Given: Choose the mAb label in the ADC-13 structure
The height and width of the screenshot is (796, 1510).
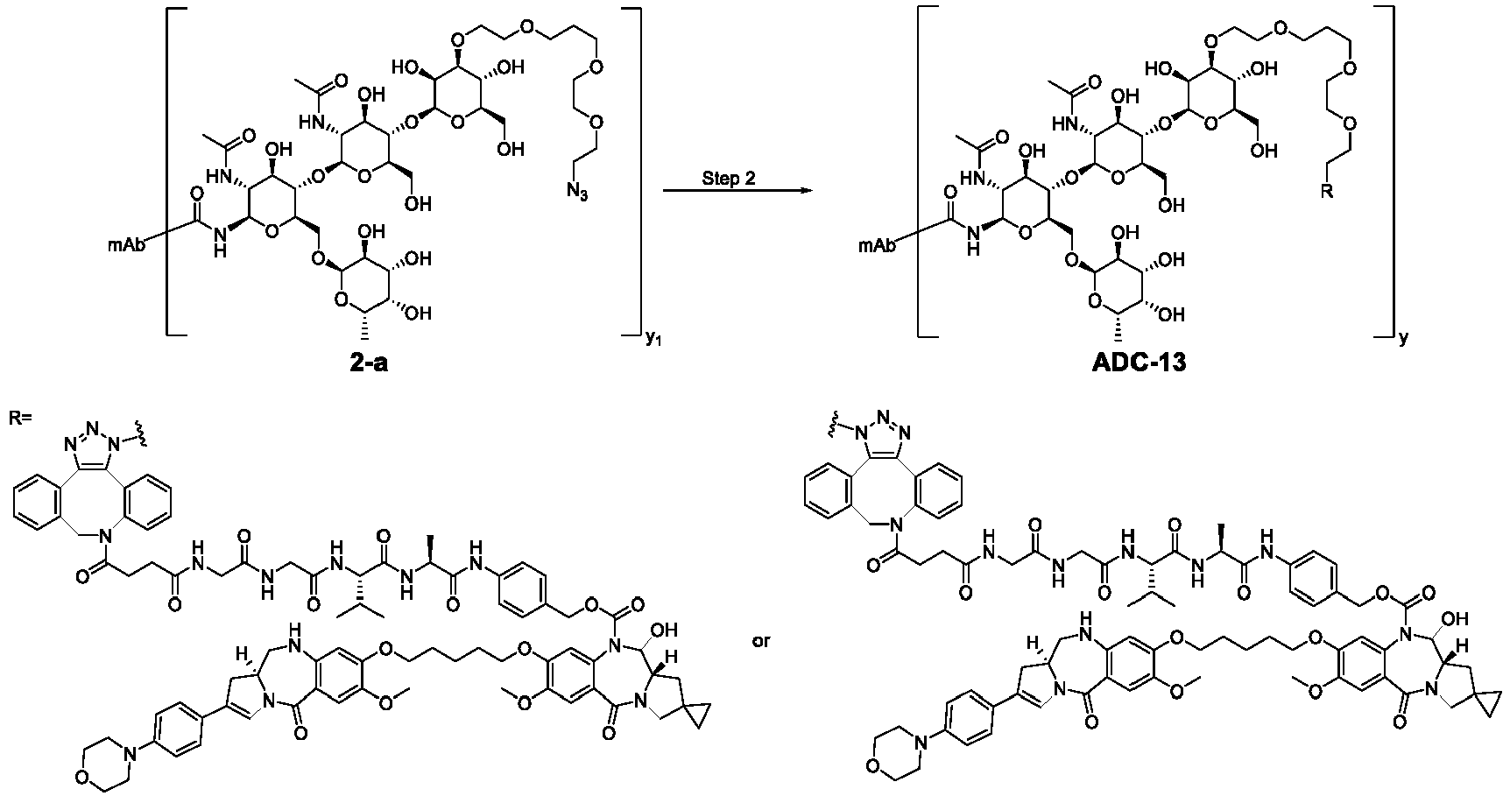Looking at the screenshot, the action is coord(877,247).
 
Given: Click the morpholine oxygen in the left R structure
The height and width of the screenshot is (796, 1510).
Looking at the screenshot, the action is coord(84,774).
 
